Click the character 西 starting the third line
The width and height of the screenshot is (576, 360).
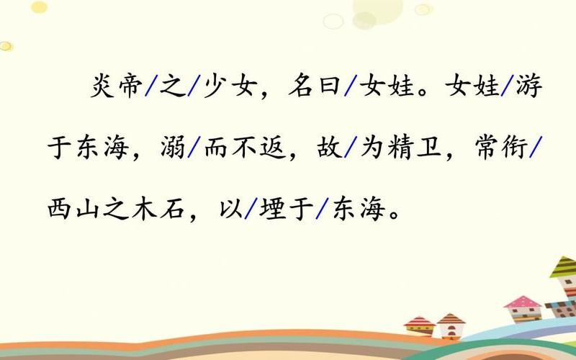[x=63, y=210]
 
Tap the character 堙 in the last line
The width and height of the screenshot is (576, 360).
[x=276, y=210]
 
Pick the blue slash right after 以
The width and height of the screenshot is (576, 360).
[x=249, y=210]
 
